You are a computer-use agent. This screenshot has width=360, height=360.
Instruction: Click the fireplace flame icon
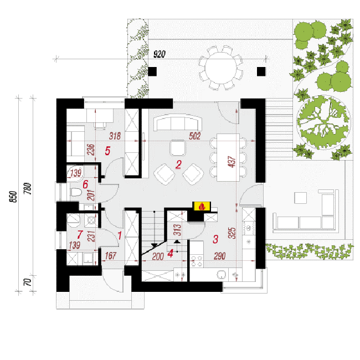(202, 206)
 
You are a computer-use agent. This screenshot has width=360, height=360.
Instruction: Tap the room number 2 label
(178, 164)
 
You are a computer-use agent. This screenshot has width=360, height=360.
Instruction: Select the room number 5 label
(107, 151)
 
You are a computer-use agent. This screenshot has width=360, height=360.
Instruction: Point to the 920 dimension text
(159, 54)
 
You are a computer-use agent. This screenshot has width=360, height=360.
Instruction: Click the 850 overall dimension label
(13, 197)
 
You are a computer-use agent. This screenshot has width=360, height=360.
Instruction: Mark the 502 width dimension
(195, 136)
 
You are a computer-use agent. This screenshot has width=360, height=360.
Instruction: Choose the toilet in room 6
(75, 192)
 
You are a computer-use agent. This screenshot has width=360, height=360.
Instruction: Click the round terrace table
(220, 68)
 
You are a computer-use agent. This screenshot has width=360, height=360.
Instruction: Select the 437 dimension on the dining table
(232, 162)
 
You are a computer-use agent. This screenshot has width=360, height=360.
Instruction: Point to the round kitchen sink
(222, 275)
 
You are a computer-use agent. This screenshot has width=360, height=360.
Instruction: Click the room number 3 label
(215, 239)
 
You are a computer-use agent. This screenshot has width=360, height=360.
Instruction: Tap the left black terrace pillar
(152, 71)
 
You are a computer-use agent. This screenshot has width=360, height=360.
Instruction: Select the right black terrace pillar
(261, 71)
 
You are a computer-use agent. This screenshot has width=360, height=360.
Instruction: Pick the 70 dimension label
(28, 282)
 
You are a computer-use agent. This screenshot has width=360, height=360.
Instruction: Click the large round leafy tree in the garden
(323, 122)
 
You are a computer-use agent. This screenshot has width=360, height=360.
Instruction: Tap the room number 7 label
(80, 235)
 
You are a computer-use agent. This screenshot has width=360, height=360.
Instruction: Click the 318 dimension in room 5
(115, 136)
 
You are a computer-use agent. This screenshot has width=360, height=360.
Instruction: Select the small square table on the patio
(301, 198)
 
